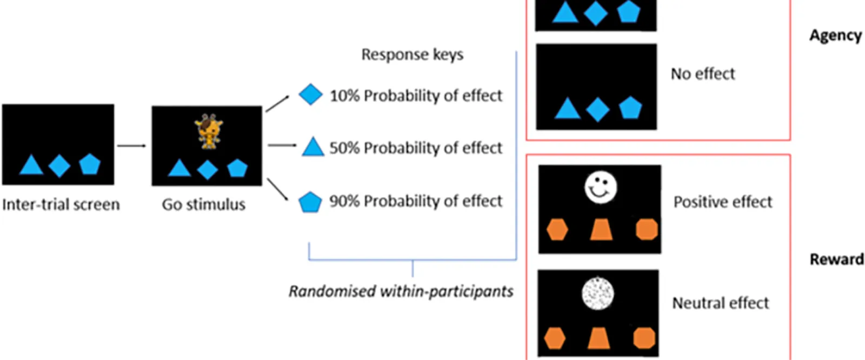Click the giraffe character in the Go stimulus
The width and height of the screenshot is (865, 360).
[x=209, y=131]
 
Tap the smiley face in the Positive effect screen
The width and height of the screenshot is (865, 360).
[x=601, y=188]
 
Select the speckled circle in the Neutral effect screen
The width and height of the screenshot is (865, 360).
[x=598, y=294]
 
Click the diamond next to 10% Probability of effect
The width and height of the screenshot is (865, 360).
[x=310, y=95]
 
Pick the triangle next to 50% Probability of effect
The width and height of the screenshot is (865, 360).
[x=312, y=147]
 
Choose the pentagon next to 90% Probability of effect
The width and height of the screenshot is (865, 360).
[x=310, y=202]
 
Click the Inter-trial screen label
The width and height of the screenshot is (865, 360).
[x=61, y=205]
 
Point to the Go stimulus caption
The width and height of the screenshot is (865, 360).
[x=203, y=205]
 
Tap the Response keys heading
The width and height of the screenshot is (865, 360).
[x=412, y=55]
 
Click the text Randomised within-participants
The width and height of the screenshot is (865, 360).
[x=401, y=291]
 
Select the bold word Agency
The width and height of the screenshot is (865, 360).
[x=835, y=36]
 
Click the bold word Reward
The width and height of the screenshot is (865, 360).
[x=836, y=259]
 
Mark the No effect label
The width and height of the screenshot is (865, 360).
[x=703, y=74]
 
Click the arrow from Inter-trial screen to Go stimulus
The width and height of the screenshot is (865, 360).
[x=131, y=145]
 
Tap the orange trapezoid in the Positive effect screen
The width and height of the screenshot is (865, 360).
[x=601, y=229]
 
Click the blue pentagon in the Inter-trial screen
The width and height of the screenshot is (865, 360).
[x=90, y=164]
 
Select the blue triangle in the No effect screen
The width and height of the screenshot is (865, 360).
[x=567, y=109]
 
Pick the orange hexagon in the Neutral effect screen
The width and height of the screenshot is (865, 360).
[x=555, y=338]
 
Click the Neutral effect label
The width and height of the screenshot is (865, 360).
[x=720, y=303]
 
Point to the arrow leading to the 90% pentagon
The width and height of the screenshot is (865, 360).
[x=277, y=190]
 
